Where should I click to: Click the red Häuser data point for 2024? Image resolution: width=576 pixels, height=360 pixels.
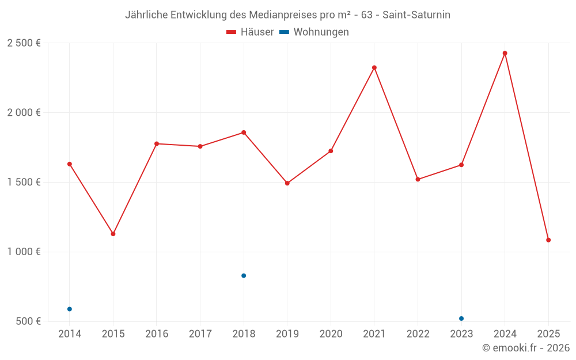click(505, 53)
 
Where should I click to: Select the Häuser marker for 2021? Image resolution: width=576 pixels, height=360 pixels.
click(374, 67)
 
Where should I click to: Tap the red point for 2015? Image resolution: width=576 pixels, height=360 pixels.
click(113, 234)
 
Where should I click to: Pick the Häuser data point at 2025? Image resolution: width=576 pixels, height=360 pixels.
click(548, 240)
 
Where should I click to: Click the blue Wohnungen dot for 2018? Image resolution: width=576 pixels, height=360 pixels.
click(244, 276)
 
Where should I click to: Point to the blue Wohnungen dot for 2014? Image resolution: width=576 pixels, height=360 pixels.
click(70, 309)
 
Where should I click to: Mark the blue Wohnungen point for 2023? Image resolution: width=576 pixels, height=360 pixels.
click(461, 319)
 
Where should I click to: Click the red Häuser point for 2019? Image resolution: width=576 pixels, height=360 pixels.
click(287, 183)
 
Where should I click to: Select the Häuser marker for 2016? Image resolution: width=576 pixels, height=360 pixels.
click(157, 143)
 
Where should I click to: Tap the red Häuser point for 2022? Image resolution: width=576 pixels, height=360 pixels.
click(418, 179)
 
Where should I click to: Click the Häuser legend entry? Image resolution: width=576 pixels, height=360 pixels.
click(251, 32)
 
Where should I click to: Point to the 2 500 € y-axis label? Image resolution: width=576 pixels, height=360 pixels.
click(24, 43)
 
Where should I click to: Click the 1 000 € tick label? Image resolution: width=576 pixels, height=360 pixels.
click(24, 252)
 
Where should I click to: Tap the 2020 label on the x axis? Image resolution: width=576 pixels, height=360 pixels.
click(331, 334)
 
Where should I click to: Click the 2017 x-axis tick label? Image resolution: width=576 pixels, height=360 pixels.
click(200, 334)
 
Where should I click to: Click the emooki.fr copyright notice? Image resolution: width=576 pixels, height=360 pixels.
click(525, 348)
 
